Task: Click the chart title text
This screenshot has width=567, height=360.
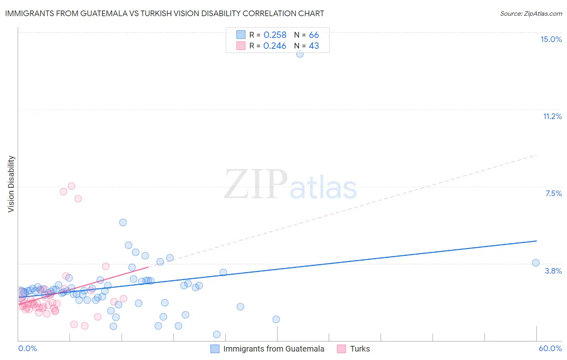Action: tap(165, 14)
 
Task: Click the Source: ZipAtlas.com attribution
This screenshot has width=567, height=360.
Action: tap(531, 14)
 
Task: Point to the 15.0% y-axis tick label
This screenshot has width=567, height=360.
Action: tap(551, 39)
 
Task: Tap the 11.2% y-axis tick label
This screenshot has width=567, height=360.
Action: tap(552, 116)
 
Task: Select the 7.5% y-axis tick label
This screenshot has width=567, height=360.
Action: tap(553, 193)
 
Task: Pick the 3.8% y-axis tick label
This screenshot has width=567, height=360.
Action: tap(553, 271)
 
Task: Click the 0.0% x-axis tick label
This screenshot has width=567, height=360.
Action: tap(28, 348)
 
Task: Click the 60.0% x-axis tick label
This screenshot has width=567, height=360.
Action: tap(550, 348)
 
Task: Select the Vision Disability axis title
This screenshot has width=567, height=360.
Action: tap(11, 184)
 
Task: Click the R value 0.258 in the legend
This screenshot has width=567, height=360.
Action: tap(275, 35)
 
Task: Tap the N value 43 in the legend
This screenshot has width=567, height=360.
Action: tap(314, 46)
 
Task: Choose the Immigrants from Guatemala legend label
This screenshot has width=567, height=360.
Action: tap(273, 349)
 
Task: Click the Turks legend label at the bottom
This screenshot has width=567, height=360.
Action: tap(360, 349)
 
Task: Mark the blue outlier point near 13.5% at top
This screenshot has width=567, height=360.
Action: tap(300, 54)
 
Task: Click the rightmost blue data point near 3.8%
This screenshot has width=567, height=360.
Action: tap(536, 263)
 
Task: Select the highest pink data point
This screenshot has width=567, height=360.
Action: tap(71, 186)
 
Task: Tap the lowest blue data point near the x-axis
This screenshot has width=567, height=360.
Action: tap(217, 334)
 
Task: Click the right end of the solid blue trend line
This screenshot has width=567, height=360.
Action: tap(536, 241)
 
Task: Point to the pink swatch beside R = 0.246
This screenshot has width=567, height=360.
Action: tap(241, 46)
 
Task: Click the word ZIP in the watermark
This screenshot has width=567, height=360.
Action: tap(256, 184)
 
